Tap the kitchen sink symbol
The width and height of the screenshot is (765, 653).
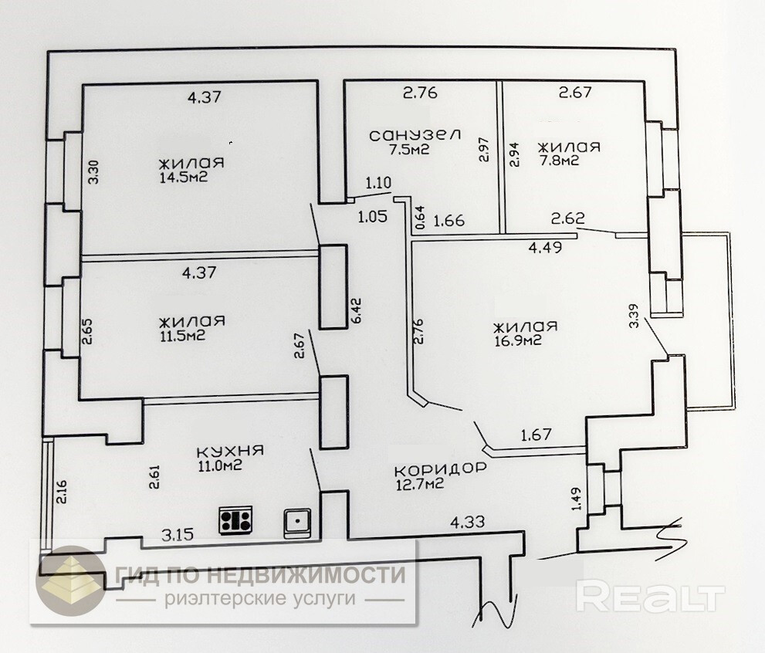(297, 523)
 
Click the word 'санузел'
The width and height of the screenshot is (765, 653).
(415, 135)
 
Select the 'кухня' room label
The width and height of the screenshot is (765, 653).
(231, 451)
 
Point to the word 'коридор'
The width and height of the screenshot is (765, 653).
(440, 469)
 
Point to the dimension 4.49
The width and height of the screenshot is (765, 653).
(544, 248)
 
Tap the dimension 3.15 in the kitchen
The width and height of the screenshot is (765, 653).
(178, 533)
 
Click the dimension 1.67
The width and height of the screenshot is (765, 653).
(536, 435)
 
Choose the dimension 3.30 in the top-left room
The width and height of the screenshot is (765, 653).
(93, 170)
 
